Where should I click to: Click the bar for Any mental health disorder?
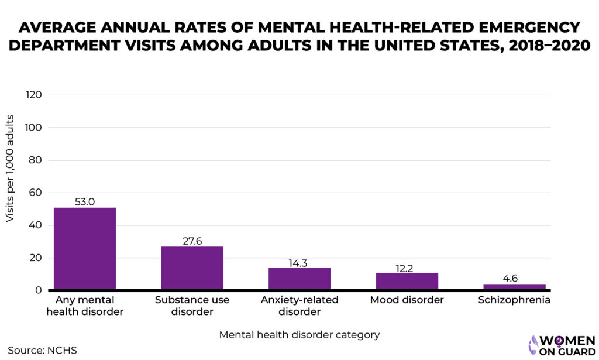click(85, 248)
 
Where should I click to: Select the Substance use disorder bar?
click(192, 268)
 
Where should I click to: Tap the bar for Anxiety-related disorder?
click(299, 278)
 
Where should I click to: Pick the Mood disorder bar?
click(407, 281)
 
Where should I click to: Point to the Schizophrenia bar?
click(514, 286)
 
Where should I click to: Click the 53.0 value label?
click(85, 201)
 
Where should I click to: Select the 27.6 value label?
click(192, 241)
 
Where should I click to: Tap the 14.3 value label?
click(299, 263)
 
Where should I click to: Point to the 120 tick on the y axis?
click(33, 95)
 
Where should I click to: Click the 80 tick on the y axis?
click(35, 160)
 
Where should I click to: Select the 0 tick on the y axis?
click(38, 290)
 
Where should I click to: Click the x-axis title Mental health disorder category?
click(299, 335)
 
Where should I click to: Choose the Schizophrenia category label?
click(514, 300)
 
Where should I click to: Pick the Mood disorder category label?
click(407, 300)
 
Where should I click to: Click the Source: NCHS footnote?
click(42, 350)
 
